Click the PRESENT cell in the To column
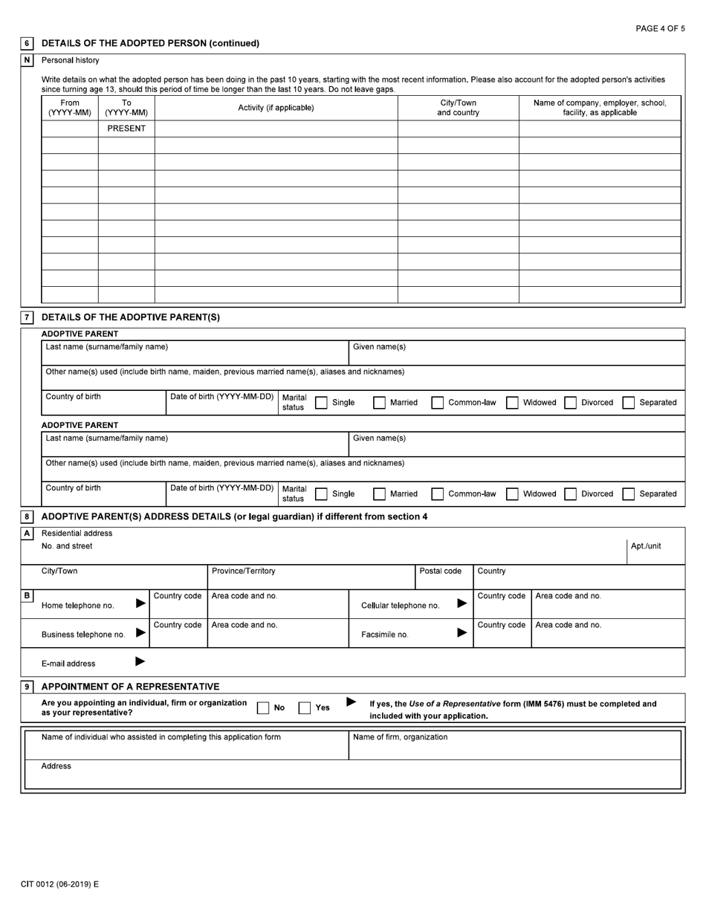pyautogui.click(x=126, y=129)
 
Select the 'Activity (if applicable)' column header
pyautogui.click(x=276, y=108)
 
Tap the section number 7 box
pyautogui.click(x=27, y=317)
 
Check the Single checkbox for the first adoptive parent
pyautogui.click(x=322, y=403)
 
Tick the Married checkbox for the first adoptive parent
pyautogui.click(x=379, y=403)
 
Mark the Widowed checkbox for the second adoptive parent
pyautogui.click(x=512, y=494)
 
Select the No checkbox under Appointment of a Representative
pyautogui.click(x=263, y=708)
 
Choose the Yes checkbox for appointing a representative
pyautogui.click(x=305, y=708)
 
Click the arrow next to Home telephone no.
pyautogui.click(x=141, y=603)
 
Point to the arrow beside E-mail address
pyautogui.click(x=140, y=661)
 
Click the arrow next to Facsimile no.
pyautogui.click(x=462, y=632)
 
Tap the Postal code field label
pyautogui.click(x=441, y=571)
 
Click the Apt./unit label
pyautogui.click(x=645, y=546)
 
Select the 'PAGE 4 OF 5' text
pyautogui.click(x=660, y=28)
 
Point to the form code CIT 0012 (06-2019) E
pyautogui.click(x=59, y=884)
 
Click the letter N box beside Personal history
pyautogui.click(x=27, y=60)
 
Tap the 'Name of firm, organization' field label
pyautogui.click(x=400, y=737)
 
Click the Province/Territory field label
pyautogui.click(x=243, y=571)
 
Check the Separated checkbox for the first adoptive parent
pyautogui.click(x=629, y=403)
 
